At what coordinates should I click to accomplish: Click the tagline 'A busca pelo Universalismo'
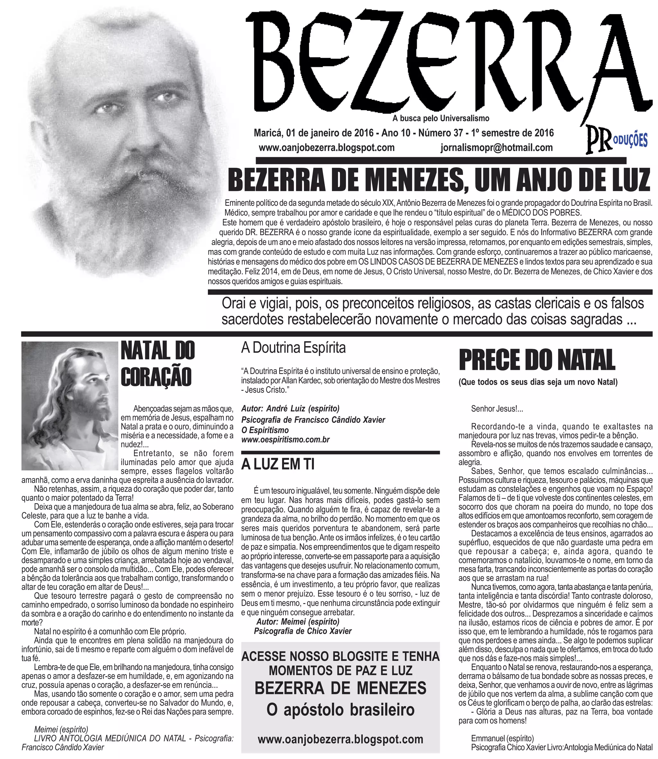coord(440,118)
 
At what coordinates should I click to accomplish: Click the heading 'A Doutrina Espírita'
coord(293,347)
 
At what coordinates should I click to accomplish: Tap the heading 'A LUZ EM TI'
coord(278,465)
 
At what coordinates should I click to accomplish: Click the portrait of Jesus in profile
coord(70,406)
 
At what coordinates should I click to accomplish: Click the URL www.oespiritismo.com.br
coord(285,440)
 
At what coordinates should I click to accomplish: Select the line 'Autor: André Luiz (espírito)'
coord(290,409)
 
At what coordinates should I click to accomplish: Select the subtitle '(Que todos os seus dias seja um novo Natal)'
coord(538,382)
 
